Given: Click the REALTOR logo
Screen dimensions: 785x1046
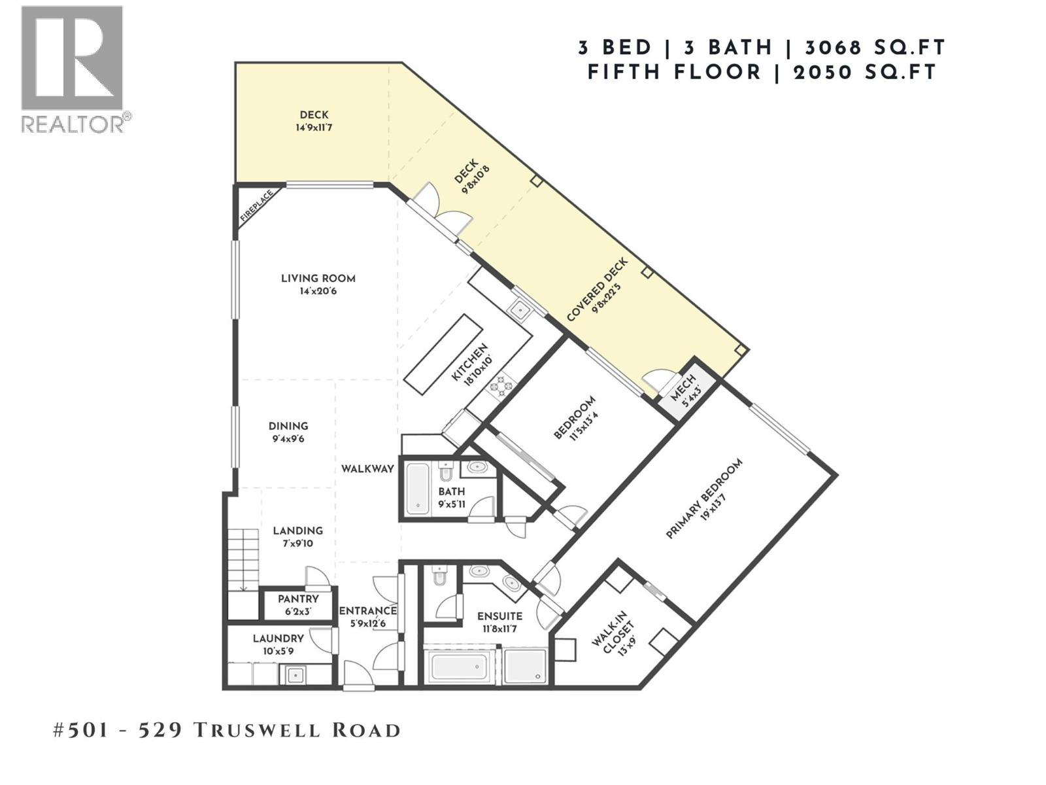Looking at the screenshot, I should tap(72, 69).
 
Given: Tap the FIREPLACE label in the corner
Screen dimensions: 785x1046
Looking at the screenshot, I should tap(256, 207).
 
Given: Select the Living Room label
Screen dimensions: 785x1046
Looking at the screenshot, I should tap(318, 279).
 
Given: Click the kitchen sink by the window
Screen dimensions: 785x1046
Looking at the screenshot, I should tap(521, 309).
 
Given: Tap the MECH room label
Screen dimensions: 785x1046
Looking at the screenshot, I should tap(685, 392).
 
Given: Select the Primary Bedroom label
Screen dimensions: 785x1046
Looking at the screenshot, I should tap(704, 499).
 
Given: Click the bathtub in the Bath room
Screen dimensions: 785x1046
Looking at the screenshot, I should tap(416, 489).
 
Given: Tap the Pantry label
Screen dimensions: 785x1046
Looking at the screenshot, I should tap(298, 599).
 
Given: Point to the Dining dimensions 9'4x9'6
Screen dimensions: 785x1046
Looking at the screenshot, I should tap(288, 440).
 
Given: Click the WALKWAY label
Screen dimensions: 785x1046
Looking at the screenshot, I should tap(367, 469).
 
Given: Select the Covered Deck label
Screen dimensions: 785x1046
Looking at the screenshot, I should tap(596, 290).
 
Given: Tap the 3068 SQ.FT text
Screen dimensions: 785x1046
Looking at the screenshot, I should tap(875, 48).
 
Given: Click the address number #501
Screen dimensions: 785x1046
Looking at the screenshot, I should tap(80, 730).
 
